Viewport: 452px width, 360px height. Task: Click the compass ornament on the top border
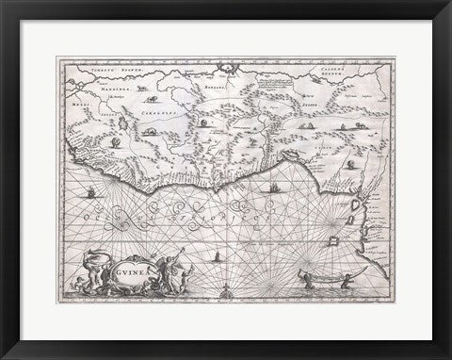225,67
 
